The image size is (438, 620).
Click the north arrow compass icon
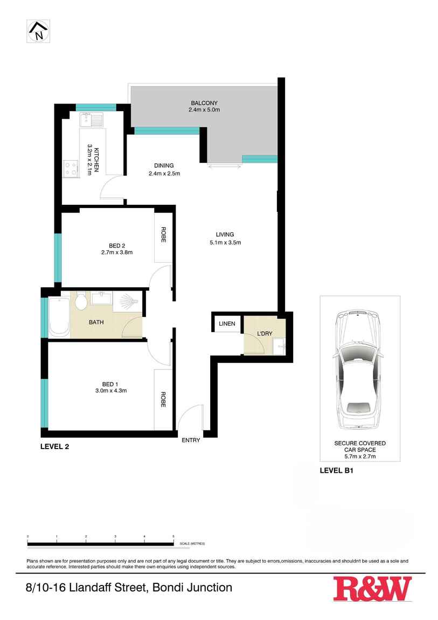pos(38,31)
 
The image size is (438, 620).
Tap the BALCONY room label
pos(204,103)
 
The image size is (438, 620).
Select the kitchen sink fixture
pos(91,120)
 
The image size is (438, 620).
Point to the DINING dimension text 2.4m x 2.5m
pos(164,174)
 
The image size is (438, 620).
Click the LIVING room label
pos(225,235)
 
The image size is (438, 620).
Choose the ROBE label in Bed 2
pos(164,235)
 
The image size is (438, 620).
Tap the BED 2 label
pos(117,246)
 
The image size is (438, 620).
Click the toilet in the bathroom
pos(81,301)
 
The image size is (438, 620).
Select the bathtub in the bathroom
pos(59,318)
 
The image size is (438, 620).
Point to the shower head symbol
pos(128,301)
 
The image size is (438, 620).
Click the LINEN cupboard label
pos(227,323)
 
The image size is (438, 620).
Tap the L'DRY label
pos(265,333)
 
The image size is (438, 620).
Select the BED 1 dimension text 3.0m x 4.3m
pos(111,391)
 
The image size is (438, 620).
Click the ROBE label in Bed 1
pos(163,399)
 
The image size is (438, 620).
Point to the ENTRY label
pos(191,440)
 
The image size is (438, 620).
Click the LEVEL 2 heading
pos(55,447)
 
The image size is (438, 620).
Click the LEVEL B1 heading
pos(337,471)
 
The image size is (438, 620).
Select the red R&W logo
pos(372,589)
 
